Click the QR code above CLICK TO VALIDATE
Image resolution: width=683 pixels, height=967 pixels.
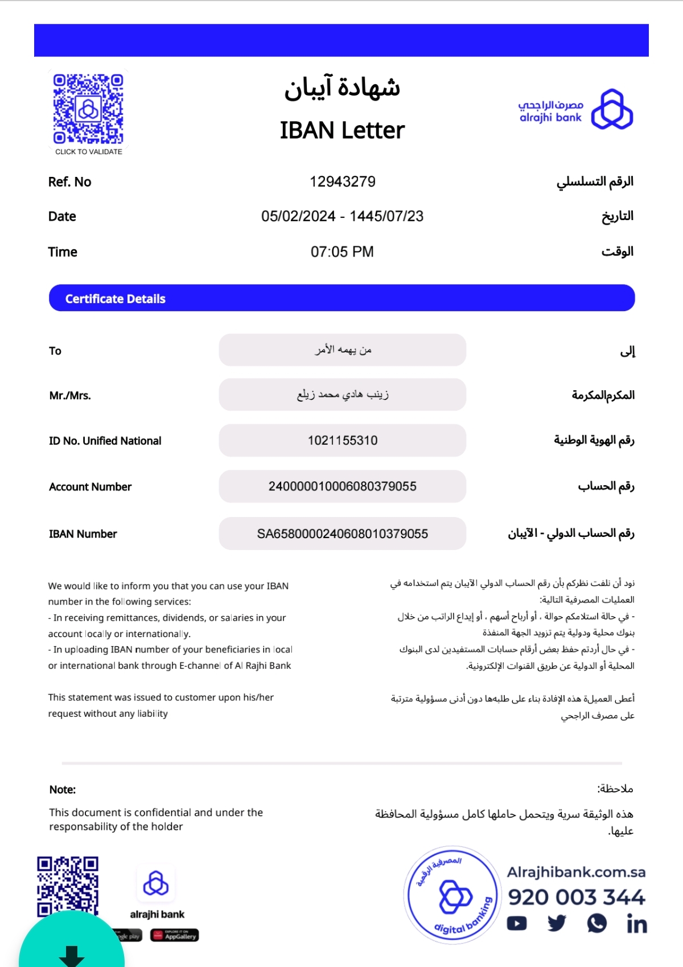coord(88,108)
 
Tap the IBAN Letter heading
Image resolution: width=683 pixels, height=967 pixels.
coord(342,130)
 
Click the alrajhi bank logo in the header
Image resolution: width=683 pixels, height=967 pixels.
coord(612,109)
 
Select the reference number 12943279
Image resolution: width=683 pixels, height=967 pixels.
coord(342,181)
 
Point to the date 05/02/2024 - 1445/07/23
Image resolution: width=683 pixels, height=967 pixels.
coord(342,216)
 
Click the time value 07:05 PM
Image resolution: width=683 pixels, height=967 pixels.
coord(342,251)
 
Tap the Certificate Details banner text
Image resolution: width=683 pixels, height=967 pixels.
coord(115,299)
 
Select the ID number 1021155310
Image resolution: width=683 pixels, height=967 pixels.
coord(342,440)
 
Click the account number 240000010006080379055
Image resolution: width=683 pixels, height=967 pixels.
coord(342,486)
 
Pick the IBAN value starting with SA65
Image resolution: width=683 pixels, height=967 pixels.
coord(342,534)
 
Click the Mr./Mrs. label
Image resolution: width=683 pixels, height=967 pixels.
coord(70,395)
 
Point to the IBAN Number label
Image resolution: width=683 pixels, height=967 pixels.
coord(83,534)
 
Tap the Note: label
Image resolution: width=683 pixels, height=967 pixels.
coord(63,790)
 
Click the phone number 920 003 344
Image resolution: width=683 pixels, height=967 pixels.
coord(576,897)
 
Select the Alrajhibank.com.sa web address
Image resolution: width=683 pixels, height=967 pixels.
coord(576,872)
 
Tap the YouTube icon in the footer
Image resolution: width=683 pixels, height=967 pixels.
coord(517,923)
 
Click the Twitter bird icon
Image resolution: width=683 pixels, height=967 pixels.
coord(557,923)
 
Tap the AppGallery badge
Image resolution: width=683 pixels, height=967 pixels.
coord(175,935)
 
